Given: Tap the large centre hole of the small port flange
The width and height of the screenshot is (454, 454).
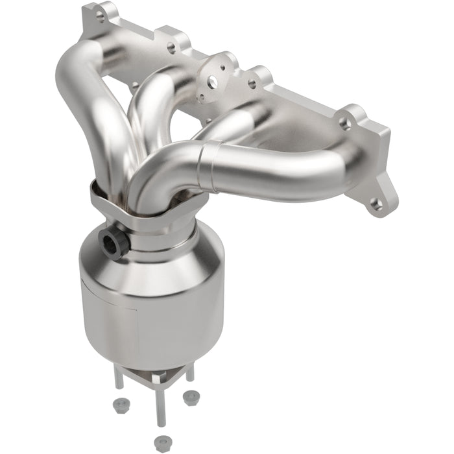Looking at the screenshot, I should point(212,82).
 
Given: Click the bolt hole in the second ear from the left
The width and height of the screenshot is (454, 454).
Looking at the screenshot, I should point(171,47).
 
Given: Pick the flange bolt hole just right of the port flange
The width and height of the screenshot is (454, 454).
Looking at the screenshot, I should point(251,84).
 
